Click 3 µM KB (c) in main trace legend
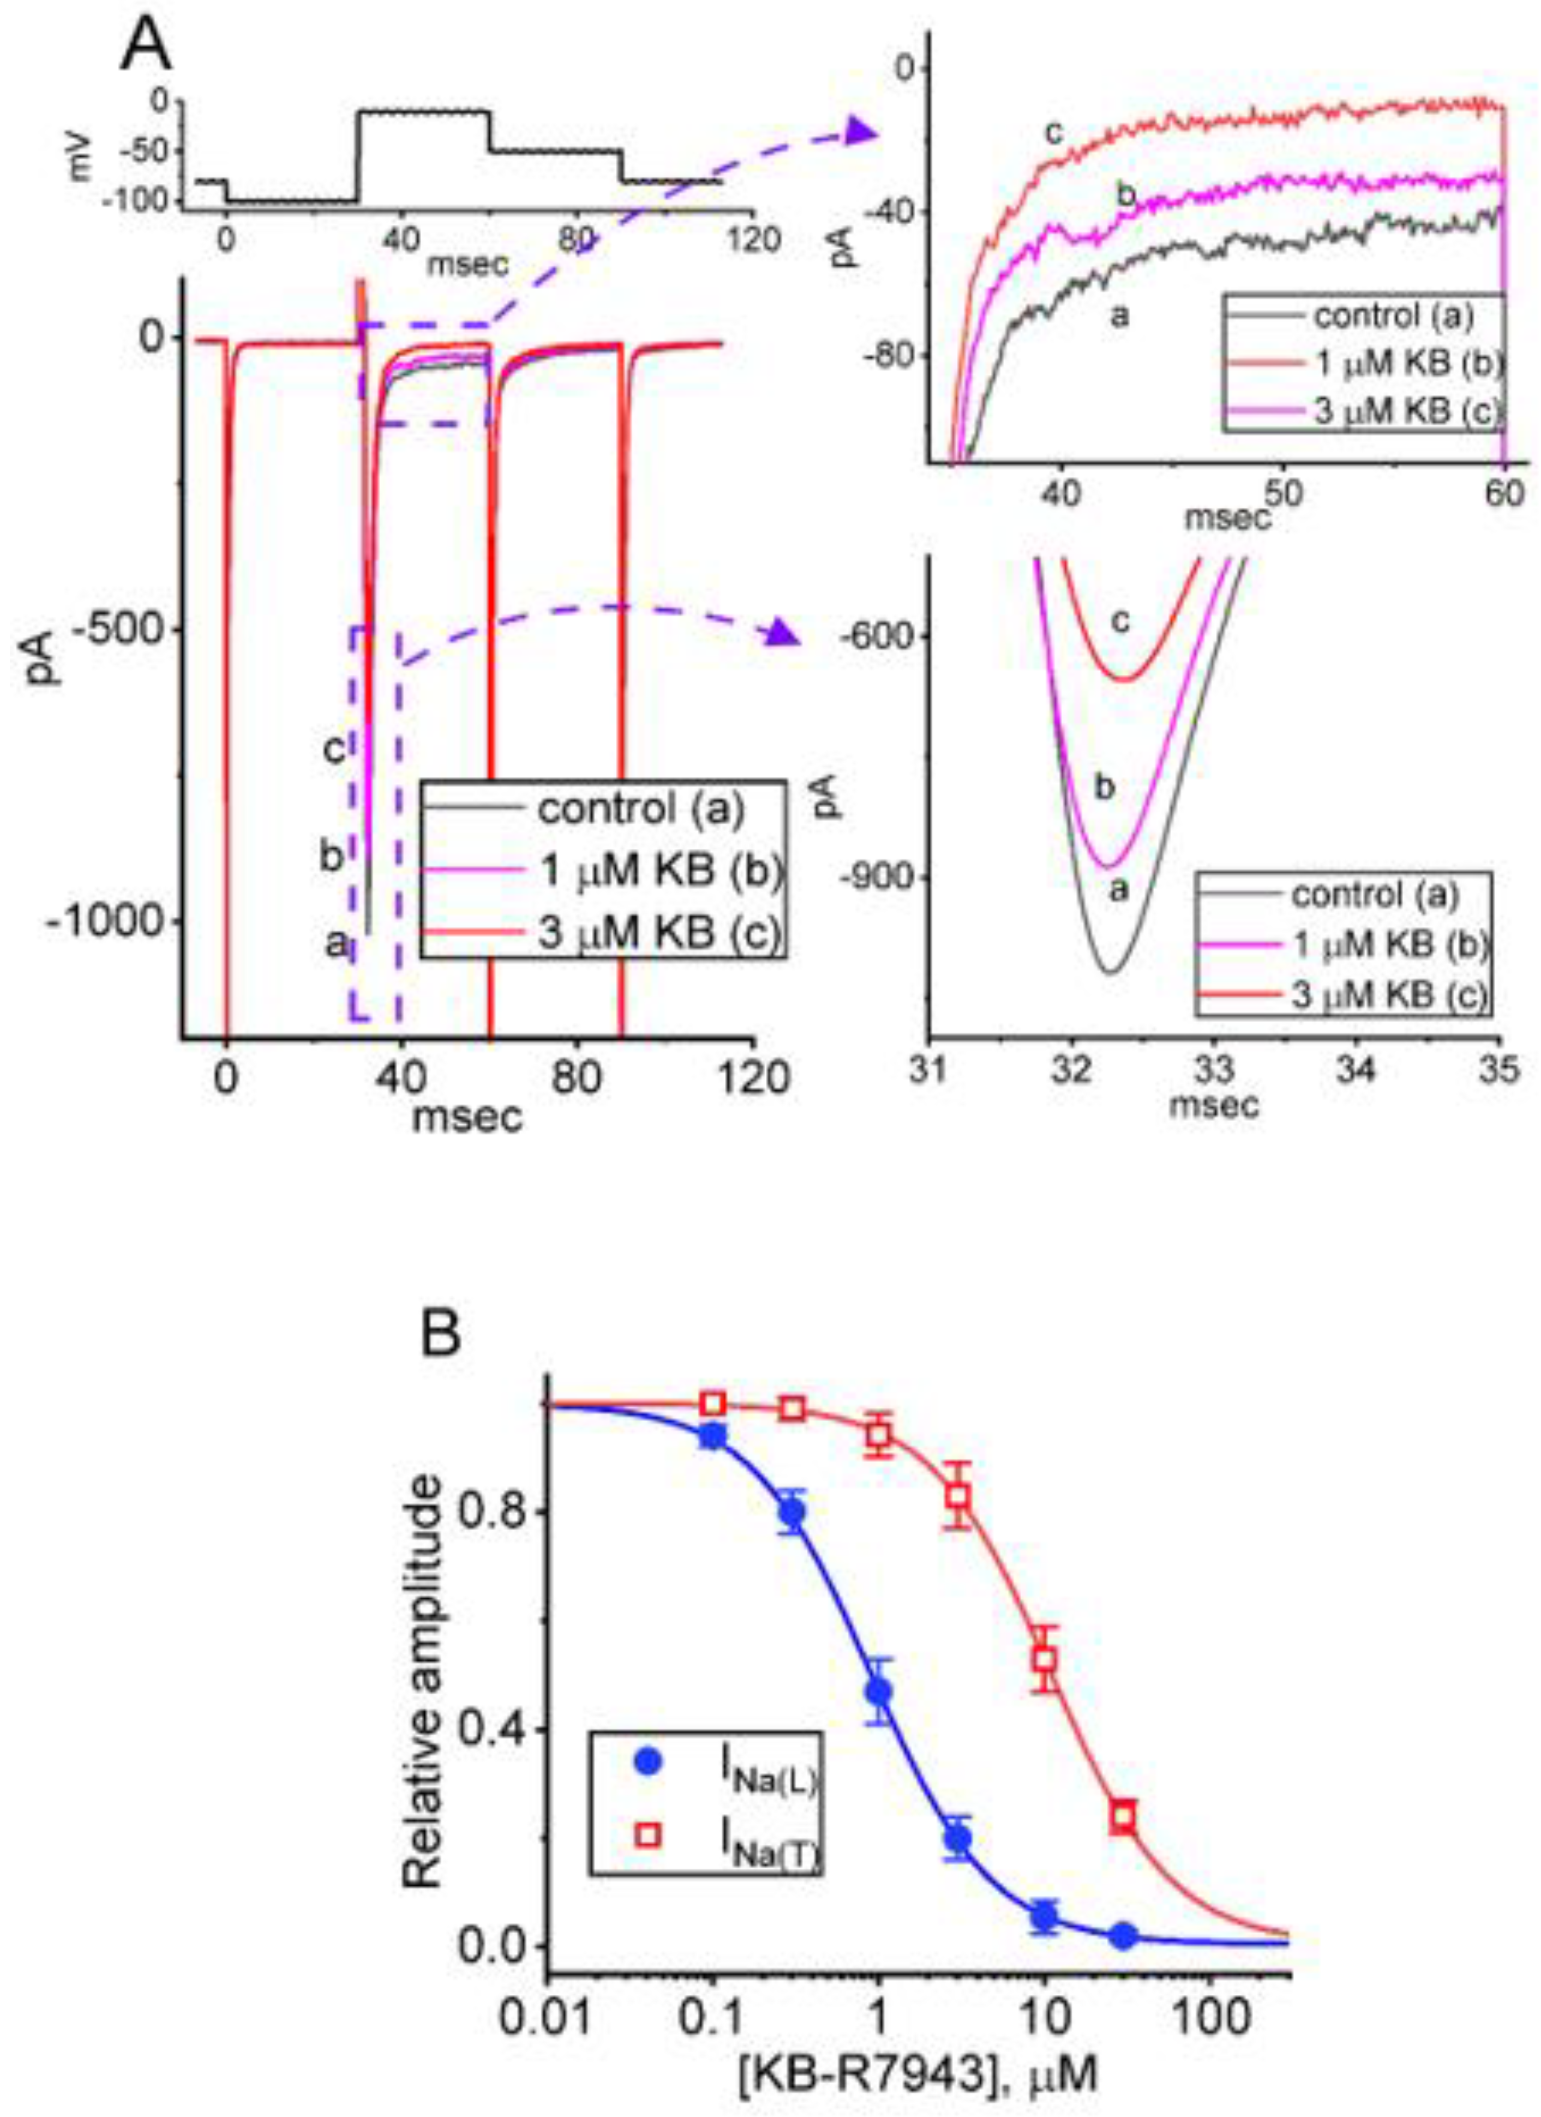pyautogui.click(x=658, y=932)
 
